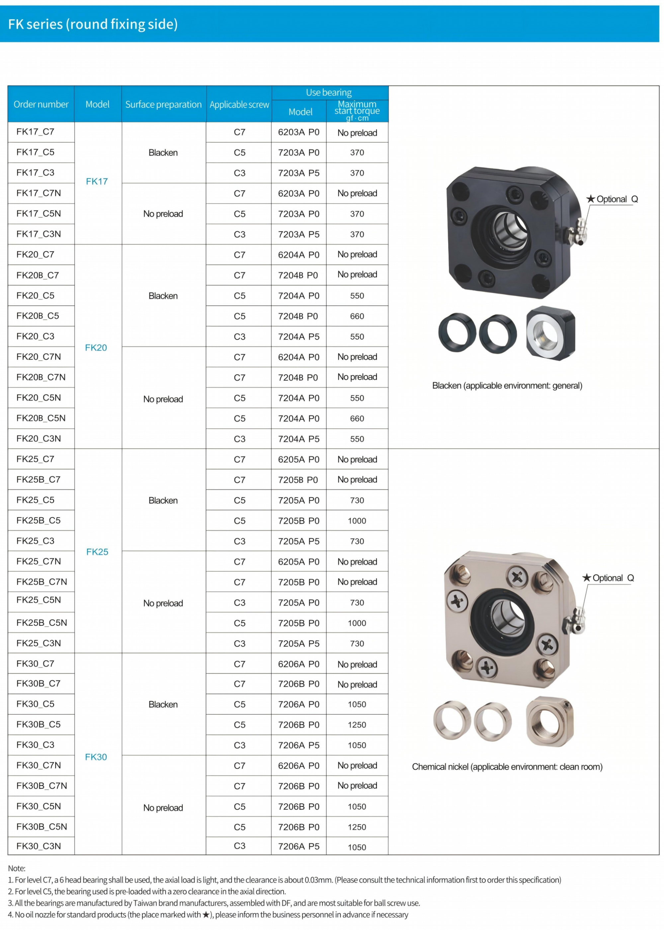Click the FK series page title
93,24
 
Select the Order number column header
41,104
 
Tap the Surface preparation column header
164,104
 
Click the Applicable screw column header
239,104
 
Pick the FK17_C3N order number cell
39,234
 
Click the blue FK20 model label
96,348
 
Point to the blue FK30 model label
96,757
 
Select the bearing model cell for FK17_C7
298,132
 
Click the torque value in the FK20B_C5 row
357,316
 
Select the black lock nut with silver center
551,333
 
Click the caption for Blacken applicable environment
507,385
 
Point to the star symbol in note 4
206,914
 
